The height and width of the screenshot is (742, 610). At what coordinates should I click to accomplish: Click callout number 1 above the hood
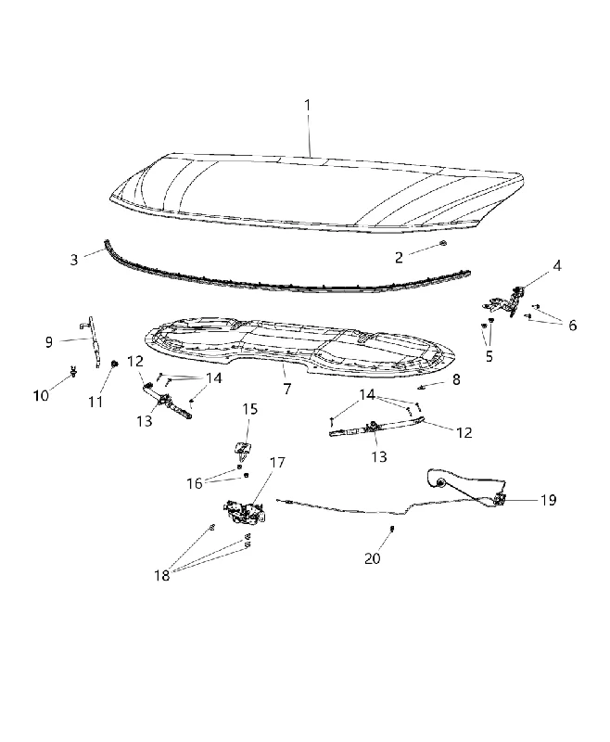click(x=308, y=105)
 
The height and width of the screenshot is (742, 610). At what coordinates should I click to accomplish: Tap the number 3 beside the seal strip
click(x=74, y=260)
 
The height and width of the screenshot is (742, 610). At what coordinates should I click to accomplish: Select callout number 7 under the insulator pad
click(x=287, y=389)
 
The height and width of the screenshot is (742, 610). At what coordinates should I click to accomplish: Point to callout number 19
click(x=548, y=500)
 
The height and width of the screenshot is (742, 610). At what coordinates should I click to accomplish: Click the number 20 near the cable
click(x=373, y=558)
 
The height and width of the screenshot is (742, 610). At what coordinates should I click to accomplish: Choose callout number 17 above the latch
click(x=277, y=462)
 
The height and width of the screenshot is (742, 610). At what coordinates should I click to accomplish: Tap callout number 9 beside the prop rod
click(x=49, y=341)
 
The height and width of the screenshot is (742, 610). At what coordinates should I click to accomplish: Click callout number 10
click(x=41, y=396)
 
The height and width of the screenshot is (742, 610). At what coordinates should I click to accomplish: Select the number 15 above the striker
click(x=250, y=409)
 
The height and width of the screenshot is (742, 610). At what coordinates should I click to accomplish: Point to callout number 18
click(x=161, y=575)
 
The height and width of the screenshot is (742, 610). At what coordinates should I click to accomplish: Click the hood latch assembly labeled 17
click(x=245, y=513)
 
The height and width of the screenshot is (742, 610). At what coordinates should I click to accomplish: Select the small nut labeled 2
click(x=443, y=243)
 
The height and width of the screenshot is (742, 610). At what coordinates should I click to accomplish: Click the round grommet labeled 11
click(x=114, y=364)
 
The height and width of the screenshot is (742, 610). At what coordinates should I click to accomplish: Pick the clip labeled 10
click(x=73, y=372)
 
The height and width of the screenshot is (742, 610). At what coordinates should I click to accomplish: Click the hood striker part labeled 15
click(x=243, y=451)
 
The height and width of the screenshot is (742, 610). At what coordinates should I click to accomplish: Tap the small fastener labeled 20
click(x=392, y=528)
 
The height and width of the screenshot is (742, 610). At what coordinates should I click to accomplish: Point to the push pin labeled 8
click(x=420, y=388)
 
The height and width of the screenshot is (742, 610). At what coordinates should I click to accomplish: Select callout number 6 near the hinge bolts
click(x=573, y=326)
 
